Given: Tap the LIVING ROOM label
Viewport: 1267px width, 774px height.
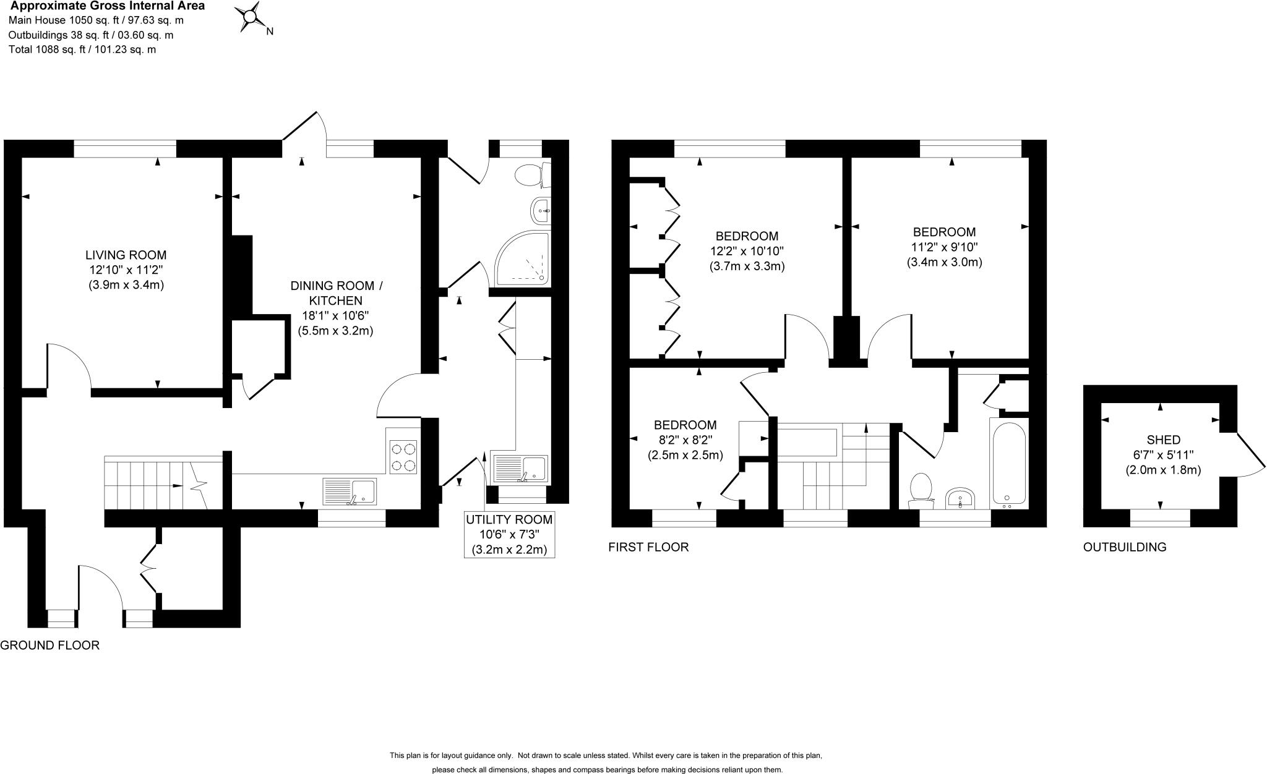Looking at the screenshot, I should [x=126, y=255].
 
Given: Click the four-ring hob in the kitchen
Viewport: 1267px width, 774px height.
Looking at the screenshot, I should [x=403, y=457].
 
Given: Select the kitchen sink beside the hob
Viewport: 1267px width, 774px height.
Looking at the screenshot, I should [x=350, y=492].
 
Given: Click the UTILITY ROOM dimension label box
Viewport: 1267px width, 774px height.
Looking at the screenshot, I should [x=509, y=534].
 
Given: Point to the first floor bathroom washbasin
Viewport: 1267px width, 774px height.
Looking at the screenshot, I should [x=960, y=498].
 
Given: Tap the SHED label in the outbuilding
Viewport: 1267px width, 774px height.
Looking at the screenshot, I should [x=1163, y=440].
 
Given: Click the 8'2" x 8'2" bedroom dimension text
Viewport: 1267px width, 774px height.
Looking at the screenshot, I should [x=685, y=440].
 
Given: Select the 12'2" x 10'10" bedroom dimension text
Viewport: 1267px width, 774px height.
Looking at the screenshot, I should [x=747, y=251].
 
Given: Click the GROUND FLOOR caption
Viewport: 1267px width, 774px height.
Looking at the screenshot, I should [x=49, y=645].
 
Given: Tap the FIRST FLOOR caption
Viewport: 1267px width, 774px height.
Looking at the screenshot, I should [x=648, y=547].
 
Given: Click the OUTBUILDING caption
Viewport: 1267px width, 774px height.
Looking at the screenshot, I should [x=1124, y=547].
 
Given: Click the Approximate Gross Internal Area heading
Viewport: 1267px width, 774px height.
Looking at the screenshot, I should [x=107, y=6].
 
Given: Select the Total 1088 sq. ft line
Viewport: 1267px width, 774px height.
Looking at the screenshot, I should [x=82, y=49].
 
